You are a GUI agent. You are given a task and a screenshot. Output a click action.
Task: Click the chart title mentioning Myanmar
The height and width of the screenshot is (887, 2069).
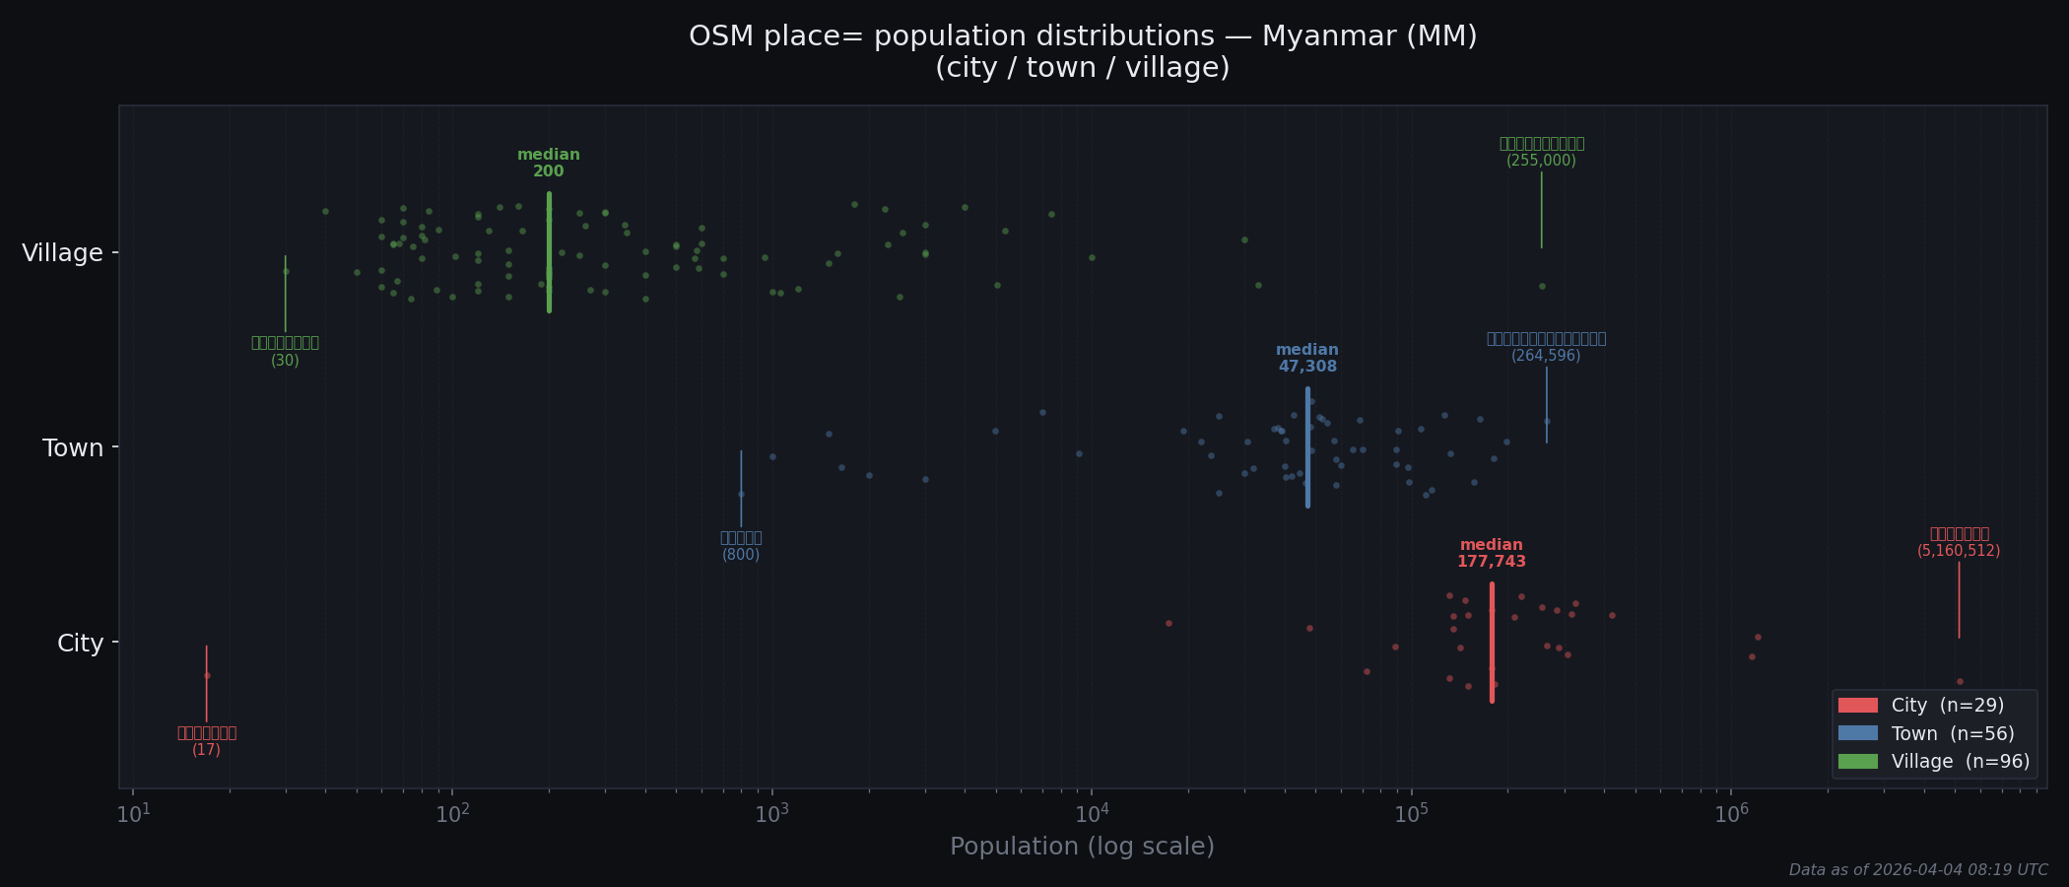point(1082,37)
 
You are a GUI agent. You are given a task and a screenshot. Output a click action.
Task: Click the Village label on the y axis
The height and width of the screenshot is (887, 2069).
point(62,253)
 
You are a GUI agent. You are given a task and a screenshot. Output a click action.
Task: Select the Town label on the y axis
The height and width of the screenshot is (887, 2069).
point(73,448)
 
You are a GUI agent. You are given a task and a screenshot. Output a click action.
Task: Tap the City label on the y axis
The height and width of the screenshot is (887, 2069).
point(80,644)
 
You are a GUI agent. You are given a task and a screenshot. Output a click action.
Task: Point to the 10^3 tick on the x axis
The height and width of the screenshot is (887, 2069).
point(771,814)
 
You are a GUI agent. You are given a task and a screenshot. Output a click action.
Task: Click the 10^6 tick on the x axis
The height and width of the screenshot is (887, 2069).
point(1731,814)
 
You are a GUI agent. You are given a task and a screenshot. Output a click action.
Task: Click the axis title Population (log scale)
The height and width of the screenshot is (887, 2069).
point(1082,847)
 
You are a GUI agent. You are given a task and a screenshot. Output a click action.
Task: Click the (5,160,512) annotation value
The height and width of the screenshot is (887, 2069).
point(1958,551)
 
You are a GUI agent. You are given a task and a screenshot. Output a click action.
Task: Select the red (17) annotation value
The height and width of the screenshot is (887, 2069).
point(206,750)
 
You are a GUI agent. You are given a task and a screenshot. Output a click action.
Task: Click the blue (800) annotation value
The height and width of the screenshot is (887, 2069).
point(741,555)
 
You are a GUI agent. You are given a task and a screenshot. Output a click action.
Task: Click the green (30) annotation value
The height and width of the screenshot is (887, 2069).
point(285,361)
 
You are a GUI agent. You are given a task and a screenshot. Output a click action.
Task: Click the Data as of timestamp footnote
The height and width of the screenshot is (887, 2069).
point(1917,870)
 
